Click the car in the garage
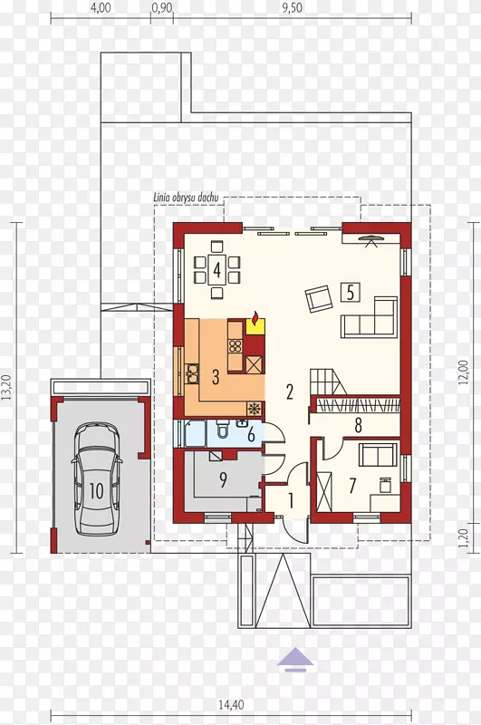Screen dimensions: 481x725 tap(97, 478)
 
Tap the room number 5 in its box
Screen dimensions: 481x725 tap(351, 292)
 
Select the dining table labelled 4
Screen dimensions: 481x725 tap(216, 268)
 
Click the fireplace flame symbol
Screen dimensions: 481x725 tap(255, 319)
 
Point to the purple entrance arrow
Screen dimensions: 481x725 tap(295, 659)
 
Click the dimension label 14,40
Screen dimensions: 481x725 tap(231, 705)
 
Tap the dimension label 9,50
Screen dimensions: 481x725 tap(292, 8)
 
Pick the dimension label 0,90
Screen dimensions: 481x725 tap(162, 8)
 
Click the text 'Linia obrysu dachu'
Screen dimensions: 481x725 tap(186, 198)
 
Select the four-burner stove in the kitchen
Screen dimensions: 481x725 tap(236, 346)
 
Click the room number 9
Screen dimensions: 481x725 tap(223, 480)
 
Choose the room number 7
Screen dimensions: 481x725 tap(352, 486)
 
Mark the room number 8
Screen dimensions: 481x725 tap(359, 425)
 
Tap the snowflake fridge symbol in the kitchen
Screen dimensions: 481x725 tap(254, 409)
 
